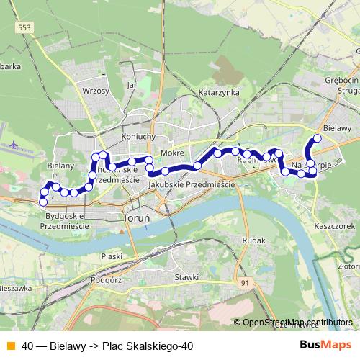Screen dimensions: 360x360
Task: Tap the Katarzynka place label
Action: click(218, 93)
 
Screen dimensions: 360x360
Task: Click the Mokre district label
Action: click(174, 153)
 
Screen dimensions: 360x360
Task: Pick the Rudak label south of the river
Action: click(255, 240)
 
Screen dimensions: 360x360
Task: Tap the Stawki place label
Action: click(186, 276)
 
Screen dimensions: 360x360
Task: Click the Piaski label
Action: click(112, 256)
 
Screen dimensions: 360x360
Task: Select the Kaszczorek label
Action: click(336, 225)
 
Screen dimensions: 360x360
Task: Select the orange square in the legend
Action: click(10, 346)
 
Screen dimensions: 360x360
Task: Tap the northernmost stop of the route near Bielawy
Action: click(317, 138)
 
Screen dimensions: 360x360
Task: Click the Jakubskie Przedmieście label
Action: click(192, 185)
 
